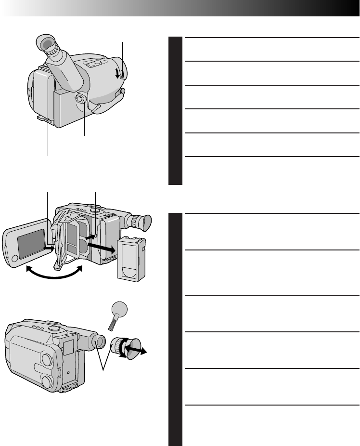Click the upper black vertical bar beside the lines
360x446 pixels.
[175, 111]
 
